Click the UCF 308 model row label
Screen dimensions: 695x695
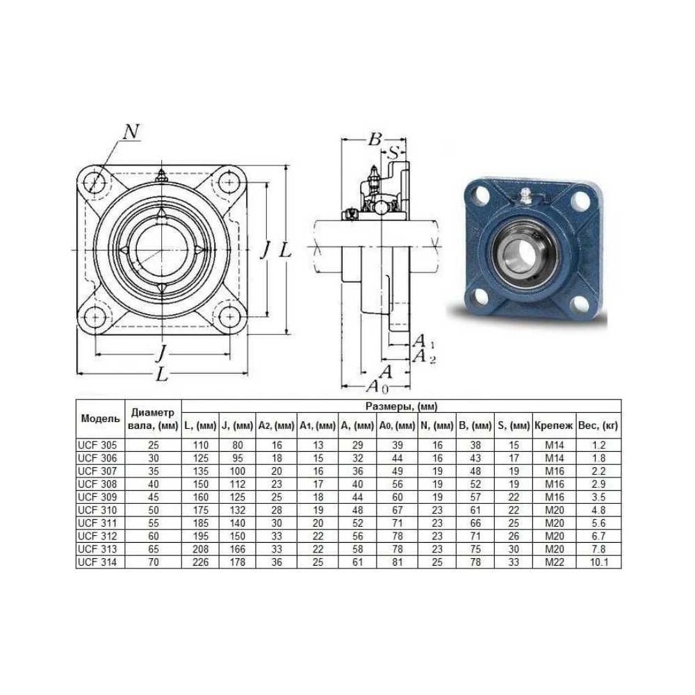click(x=97, y=484)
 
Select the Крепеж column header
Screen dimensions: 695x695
click(x=554, y=426)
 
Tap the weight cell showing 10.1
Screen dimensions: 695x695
click(x=598, y=562)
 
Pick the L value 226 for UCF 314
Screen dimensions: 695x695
click(x=200, y=562)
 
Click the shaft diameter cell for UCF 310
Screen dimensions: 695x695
click(x=154, y=510)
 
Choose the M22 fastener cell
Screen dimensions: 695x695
click(x=554, y=562)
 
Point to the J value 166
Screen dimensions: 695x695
click(x=238, y=549)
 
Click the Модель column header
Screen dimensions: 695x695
click(x=101, y=419)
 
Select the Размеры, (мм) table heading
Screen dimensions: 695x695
click(x=402, y=407)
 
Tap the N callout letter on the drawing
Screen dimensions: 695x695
click(x=131, y=131)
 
